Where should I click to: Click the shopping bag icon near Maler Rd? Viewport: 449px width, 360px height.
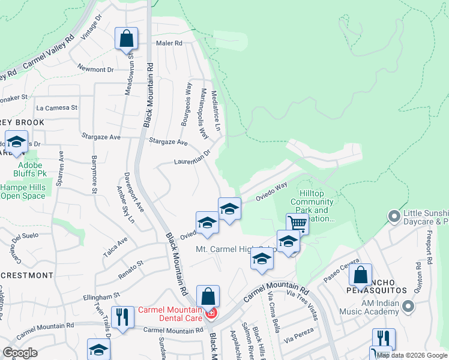pos(127,39)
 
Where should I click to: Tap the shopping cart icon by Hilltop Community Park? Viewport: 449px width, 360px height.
pos(297,224)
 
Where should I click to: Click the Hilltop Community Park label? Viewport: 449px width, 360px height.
pos(312,211)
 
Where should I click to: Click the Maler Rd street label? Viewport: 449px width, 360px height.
pos(169,43)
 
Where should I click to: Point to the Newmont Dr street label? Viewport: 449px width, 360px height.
pos(95,70)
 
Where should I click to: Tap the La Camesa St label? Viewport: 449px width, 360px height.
pos(57,108)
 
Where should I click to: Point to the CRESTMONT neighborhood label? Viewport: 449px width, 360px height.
pos(26,275)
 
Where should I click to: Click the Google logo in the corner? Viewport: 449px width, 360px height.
pos(20,353)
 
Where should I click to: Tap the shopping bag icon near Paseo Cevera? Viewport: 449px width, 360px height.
pos(360,275)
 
